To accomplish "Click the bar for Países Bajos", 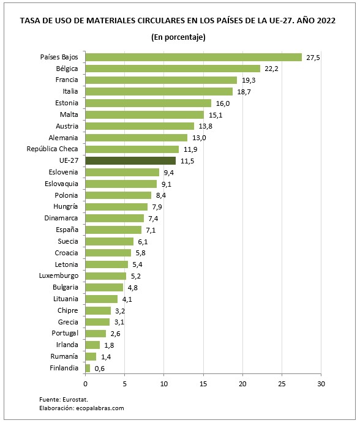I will pos(193,57).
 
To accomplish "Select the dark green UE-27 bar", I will pos(130,160).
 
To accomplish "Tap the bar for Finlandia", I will pos(88,368).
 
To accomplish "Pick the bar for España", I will pos(113,230).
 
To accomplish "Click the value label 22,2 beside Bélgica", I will pos(271,69).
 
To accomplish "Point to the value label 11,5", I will pos(187,160).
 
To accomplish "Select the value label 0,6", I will pos(100,368).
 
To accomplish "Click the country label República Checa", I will pos(53,149).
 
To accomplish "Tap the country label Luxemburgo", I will pos(56,275).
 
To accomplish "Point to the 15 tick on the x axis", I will pos(203,384).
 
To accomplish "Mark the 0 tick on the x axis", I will pos(85,384).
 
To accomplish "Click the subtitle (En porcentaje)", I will pos(178,37).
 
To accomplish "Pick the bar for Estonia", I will pos(148,103).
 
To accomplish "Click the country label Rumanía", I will pos(64,356).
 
